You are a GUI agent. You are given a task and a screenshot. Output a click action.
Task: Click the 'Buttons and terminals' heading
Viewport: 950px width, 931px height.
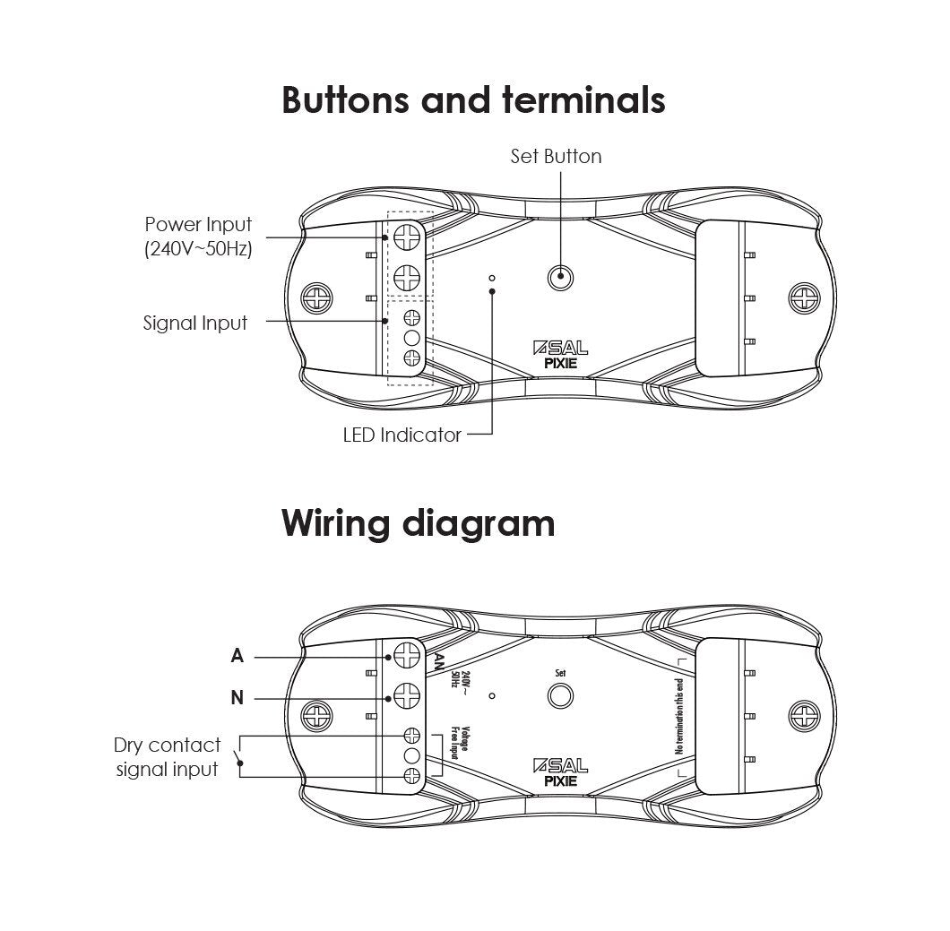point(473,100)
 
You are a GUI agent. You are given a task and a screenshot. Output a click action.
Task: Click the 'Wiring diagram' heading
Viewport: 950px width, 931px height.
point(418,522)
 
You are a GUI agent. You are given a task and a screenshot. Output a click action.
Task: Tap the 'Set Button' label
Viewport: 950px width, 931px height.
point(556,156)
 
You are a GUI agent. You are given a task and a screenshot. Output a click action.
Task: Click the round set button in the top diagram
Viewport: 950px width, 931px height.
point(561,277)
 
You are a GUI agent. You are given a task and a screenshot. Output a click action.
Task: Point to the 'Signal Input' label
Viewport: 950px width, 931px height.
point(194,323)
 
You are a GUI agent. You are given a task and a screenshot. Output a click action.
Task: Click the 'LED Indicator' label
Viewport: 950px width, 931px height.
point(402,435)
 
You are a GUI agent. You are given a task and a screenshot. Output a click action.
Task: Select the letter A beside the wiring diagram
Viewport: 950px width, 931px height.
point(237,656)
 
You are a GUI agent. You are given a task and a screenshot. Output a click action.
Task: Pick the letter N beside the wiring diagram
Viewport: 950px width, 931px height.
point(237,698)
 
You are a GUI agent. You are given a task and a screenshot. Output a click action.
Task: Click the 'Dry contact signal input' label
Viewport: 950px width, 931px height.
point(168,757)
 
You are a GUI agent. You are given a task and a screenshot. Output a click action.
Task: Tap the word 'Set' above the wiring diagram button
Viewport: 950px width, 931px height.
point(561,672)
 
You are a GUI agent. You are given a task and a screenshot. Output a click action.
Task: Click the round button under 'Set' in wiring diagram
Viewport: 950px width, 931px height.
point(561,696)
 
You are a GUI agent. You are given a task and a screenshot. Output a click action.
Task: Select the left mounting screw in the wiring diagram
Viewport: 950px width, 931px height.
point(316,714)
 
